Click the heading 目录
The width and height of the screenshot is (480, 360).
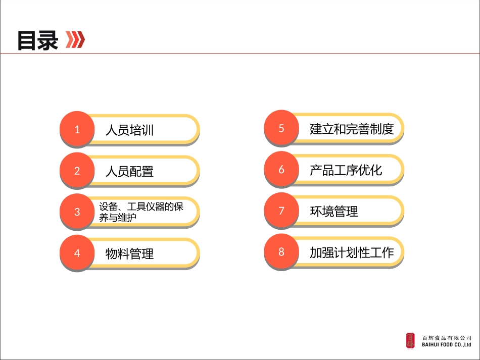pos(37,40)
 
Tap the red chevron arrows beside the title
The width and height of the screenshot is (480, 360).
pos(75,39)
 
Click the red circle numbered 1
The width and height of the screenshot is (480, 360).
pos(77,129)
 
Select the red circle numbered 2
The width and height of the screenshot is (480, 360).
pos(77,171)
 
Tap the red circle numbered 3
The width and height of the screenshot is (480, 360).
pos(77,212)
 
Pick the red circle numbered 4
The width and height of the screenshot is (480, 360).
pos(77,253)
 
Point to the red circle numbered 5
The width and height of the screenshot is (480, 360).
pos(281,128)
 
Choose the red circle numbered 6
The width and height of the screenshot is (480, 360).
pos(281,169)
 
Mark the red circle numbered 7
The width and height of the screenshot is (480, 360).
pos(281,211)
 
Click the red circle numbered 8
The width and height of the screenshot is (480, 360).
pos(281,251)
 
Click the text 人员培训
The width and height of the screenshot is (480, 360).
pos(129,130)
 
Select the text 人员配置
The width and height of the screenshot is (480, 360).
pos(129,172)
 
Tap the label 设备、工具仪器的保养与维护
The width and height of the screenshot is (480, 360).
pos(141,212)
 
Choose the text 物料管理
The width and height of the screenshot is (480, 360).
pos(129,253)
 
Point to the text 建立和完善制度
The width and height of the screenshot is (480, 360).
pos(352,129)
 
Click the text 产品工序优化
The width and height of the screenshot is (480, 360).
pos(346,170)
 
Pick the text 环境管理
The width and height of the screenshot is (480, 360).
pos(334,211)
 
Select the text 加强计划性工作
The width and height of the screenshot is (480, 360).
pos(352,252)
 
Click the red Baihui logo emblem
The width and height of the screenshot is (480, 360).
pos(410,341)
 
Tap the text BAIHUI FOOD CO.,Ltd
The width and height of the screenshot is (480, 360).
pos(447,345)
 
